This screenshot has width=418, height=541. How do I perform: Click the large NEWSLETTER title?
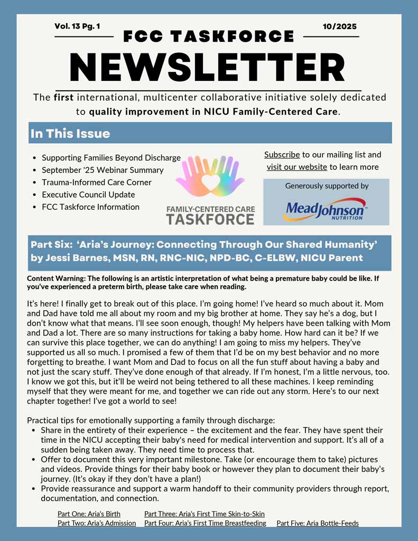(x=208, y=68)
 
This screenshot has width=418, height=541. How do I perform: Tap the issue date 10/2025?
(x=340, y=26)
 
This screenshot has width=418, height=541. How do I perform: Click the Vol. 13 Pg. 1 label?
(x=77, y=26)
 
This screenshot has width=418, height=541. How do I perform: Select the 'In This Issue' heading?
(x=70, y=134)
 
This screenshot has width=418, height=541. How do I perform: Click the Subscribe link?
(x=282, y=155)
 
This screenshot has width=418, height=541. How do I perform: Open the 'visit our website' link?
(x=296, y=167)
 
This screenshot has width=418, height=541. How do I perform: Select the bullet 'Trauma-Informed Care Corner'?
(x=97, y=182)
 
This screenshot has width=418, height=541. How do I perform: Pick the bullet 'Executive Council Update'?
(x=88, y=194)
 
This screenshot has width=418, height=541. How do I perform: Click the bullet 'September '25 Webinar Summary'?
(x=103, y=170)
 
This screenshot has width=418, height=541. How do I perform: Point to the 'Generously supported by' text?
(x=327, y=186)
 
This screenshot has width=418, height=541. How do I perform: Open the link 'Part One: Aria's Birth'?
(x=89, y=514)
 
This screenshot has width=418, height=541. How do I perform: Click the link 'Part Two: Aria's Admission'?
(x=97, y=523)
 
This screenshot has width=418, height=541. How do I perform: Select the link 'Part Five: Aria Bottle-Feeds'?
(x=318, y=523)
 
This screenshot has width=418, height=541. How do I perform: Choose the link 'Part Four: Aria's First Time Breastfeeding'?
(x=205, y=523)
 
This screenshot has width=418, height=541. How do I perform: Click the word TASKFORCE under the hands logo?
(x=210, y=219)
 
